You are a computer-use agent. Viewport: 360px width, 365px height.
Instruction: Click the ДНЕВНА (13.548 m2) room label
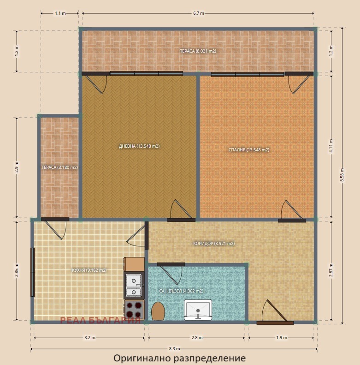point(139,146)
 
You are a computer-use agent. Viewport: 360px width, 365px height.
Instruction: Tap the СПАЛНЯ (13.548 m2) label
point(249,150)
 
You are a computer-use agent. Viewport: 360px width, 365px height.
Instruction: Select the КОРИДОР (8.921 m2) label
point(214,244)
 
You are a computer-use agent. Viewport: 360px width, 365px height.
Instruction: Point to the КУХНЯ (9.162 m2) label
point(89,270)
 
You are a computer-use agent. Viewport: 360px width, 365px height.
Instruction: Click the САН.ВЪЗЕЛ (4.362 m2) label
point(181,291)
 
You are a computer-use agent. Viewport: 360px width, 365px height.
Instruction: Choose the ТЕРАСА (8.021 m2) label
point(198,51)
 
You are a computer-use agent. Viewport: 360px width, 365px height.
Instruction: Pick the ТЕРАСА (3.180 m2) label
point(59,168)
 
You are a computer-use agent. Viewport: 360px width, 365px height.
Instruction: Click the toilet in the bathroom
point(158,311)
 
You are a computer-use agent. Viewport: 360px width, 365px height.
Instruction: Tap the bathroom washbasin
point(198,310)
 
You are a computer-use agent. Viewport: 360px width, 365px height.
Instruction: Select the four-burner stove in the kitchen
point(134,310)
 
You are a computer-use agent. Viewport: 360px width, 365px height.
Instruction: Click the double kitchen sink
point(134,285)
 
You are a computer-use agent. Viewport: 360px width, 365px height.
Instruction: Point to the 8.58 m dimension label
point(342,175)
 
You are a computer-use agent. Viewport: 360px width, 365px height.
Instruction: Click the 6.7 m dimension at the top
point(198,13)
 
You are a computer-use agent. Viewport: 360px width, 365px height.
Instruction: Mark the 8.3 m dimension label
point(174,349)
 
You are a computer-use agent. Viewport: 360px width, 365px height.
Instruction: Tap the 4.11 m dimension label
point(331,146)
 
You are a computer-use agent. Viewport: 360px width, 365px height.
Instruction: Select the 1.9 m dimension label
point(281,337)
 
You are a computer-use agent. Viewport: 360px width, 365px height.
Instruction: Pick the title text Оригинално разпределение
point(179,358)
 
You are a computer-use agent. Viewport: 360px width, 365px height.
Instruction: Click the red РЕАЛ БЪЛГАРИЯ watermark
point(100,321)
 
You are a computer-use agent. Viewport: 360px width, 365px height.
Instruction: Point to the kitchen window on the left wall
point(33,272)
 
